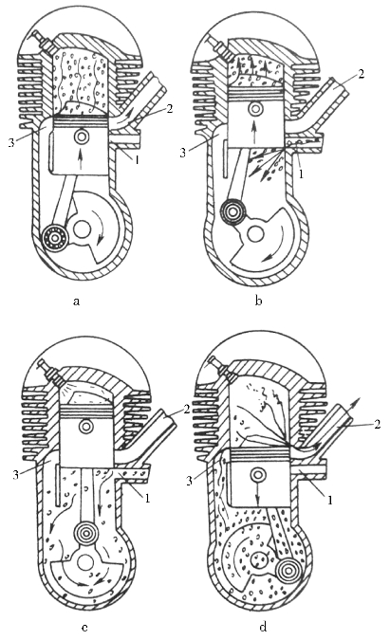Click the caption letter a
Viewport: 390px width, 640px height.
[76, 302]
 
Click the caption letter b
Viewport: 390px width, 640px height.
[258, 301]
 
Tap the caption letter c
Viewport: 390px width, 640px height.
[84, 628]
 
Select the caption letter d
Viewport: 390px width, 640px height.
[263, 626]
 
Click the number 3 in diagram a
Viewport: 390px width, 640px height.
[11, 142]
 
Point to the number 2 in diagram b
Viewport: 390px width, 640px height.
[361, 74]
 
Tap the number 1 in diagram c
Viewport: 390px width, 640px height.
[147, 499]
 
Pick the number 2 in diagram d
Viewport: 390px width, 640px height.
[378, 425]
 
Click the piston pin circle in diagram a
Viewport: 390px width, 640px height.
[80, 137]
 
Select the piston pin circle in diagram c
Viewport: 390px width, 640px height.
[86, 427]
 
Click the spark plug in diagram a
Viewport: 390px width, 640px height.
[41, 40]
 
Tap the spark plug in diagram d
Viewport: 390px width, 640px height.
[218, 365]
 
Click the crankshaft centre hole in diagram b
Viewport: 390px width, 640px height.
[256, 233]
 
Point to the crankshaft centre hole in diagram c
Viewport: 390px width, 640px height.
[85, 563]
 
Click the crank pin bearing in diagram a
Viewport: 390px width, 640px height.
[54, 237]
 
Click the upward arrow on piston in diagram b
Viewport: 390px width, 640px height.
[254, 132]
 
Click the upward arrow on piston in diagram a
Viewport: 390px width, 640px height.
[80, 159]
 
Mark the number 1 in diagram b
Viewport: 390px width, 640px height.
[302, 174]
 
